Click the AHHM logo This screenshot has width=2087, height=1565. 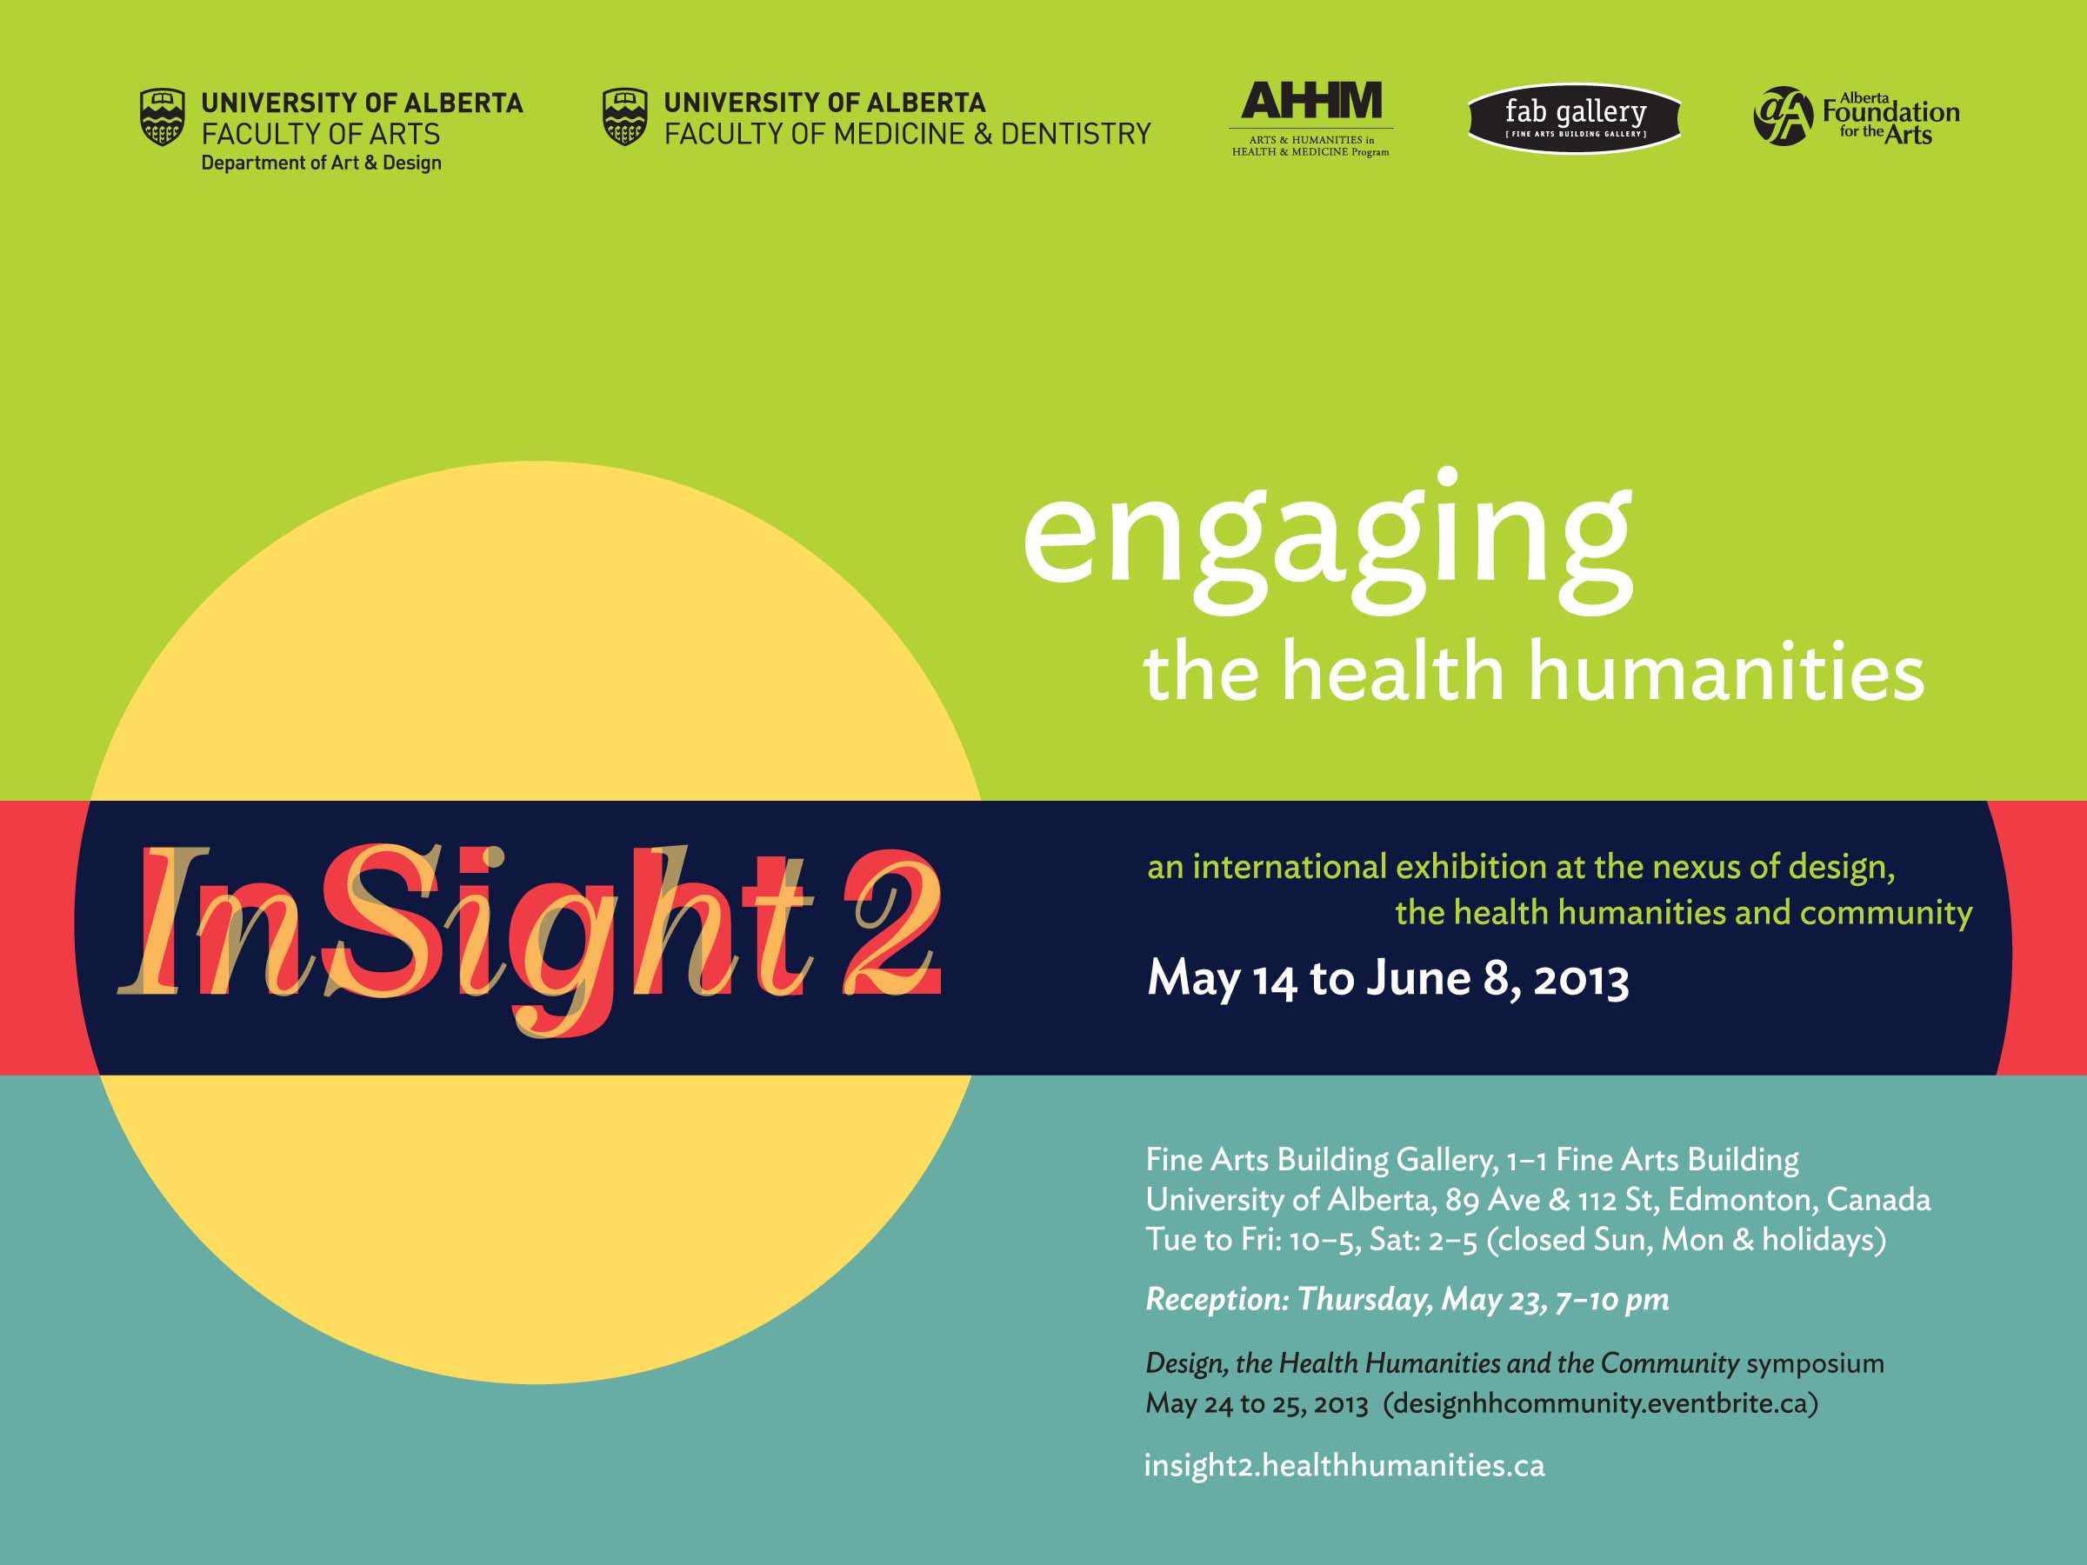click(1310, 119)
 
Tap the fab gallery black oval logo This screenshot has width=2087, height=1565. click(1575, 118)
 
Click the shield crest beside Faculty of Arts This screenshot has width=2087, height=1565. click(163, 117)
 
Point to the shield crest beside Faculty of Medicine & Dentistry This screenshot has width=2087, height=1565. click(624, 117)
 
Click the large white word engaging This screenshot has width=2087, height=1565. click(1328, 543)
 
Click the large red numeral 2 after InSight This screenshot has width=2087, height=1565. click(891, 922)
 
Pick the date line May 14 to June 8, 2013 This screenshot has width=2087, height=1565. click(1388, 978)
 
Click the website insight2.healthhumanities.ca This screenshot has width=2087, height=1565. click(1344, 1465)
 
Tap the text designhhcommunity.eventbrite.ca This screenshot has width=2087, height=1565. click(1600, 1402)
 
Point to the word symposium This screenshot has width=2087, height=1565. click(1814, 1364)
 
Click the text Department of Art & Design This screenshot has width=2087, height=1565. click(321, 163)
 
